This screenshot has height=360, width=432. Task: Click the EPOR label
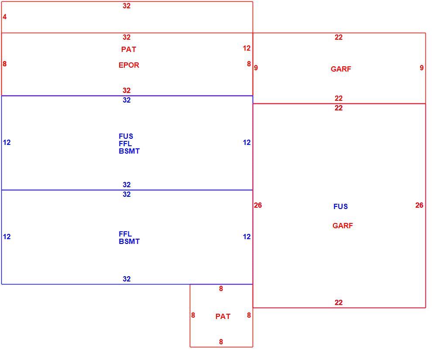click(129, 65)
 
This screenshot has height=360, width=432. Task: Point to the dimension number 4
click(4, 17)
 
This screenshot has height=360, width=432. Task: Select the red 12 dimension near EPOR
click(247, 48)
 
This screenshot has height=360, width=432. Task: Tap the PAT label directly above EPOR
click(129, 50)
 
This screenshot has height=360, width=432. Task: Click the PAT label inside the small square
click(223, 316)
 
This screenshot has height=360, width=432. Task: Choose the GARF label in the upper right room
click(341, 69)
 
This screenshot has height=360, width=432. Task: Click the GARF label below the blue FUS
click(343, 226)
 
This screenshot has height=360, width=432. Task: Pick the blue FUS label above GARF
click(340, 206)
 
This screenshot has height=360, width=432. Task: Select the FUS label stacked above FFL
click(126, 136)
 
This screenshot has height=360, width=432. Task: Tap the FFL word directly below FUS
click(125, 144)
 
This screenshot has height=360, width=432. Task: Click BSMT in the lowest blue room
click(129, 242)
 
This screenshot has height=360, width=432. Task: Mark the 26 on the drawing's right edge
click(419, 205)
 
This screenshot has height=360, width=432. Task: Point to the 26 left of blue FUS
click(258, 205)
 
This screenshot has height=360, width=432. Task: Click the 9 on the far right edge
click(422, 68)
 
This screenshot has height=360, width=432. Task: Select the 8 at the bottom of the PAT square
click(221, 342)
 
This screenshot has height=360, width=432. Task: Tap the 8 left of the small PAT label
click(193, 315)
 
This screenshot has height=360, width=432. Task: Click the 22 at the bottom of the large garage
click(339, 303)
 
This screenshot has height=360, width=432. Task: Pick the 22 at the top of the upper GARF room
click(339, 38)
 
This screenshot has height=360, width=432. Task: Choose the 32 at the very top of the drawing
click(127, 6)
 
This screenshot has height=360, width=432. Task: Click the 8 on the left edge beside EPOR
click(4, 64)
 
